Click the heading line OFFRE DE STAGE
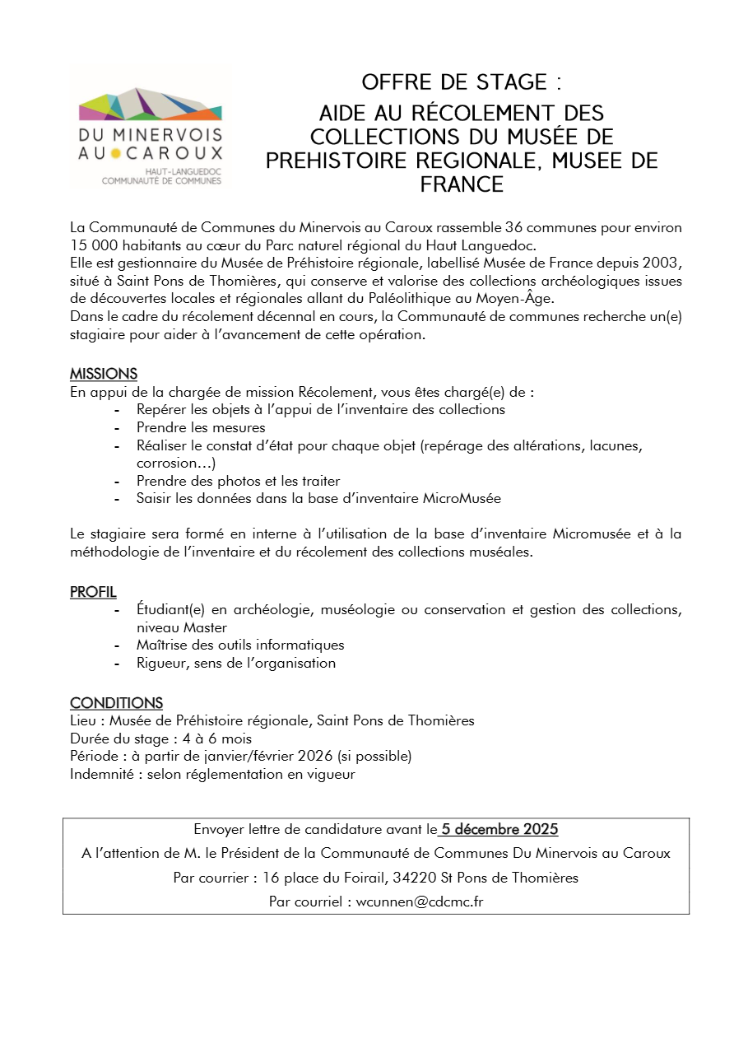point(461,82)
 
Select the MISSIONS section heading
point(104,374)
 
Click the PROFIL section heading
point(93,592)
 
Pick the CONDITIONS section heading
point(116,702)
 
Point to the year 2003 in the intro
point(665,263)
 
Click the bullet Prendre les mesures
point(201,427)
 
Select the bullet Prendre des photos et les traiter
point(238,481)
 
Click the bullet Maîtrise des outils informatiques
point(240,645)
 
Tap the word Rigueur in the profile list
point(160,663)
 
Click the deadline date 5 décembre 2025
point(499,829)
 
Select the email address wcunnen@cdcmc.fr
point(419,901)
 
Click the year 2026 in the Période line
point(311,756)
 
